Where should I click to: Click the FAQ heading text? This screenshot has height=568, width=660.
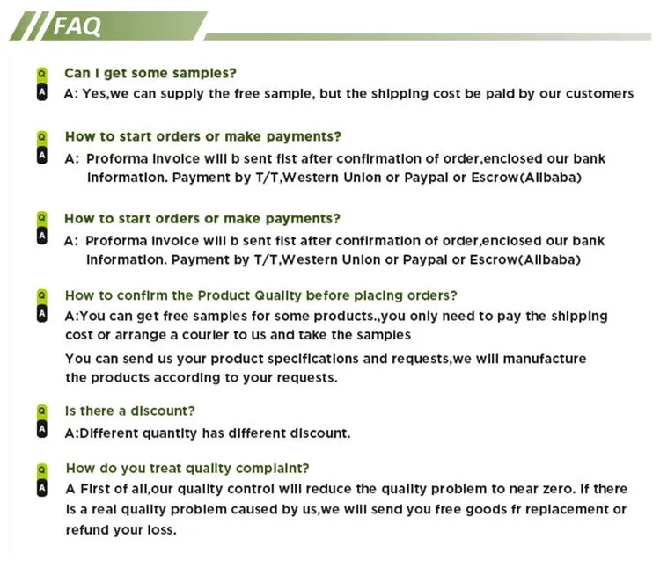click(77, 26)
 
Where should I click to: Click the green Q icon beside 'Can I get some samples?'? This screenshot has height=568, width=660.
click(40, 73)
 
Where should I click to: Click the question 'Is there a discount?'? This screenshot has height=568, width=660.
click(130, 411)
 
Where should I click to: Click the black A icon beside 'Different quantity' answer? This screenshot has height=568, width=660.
click(40, 430)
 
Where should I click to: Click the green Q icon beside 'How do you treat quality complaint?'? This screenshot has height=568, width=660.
click(40, 469)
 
